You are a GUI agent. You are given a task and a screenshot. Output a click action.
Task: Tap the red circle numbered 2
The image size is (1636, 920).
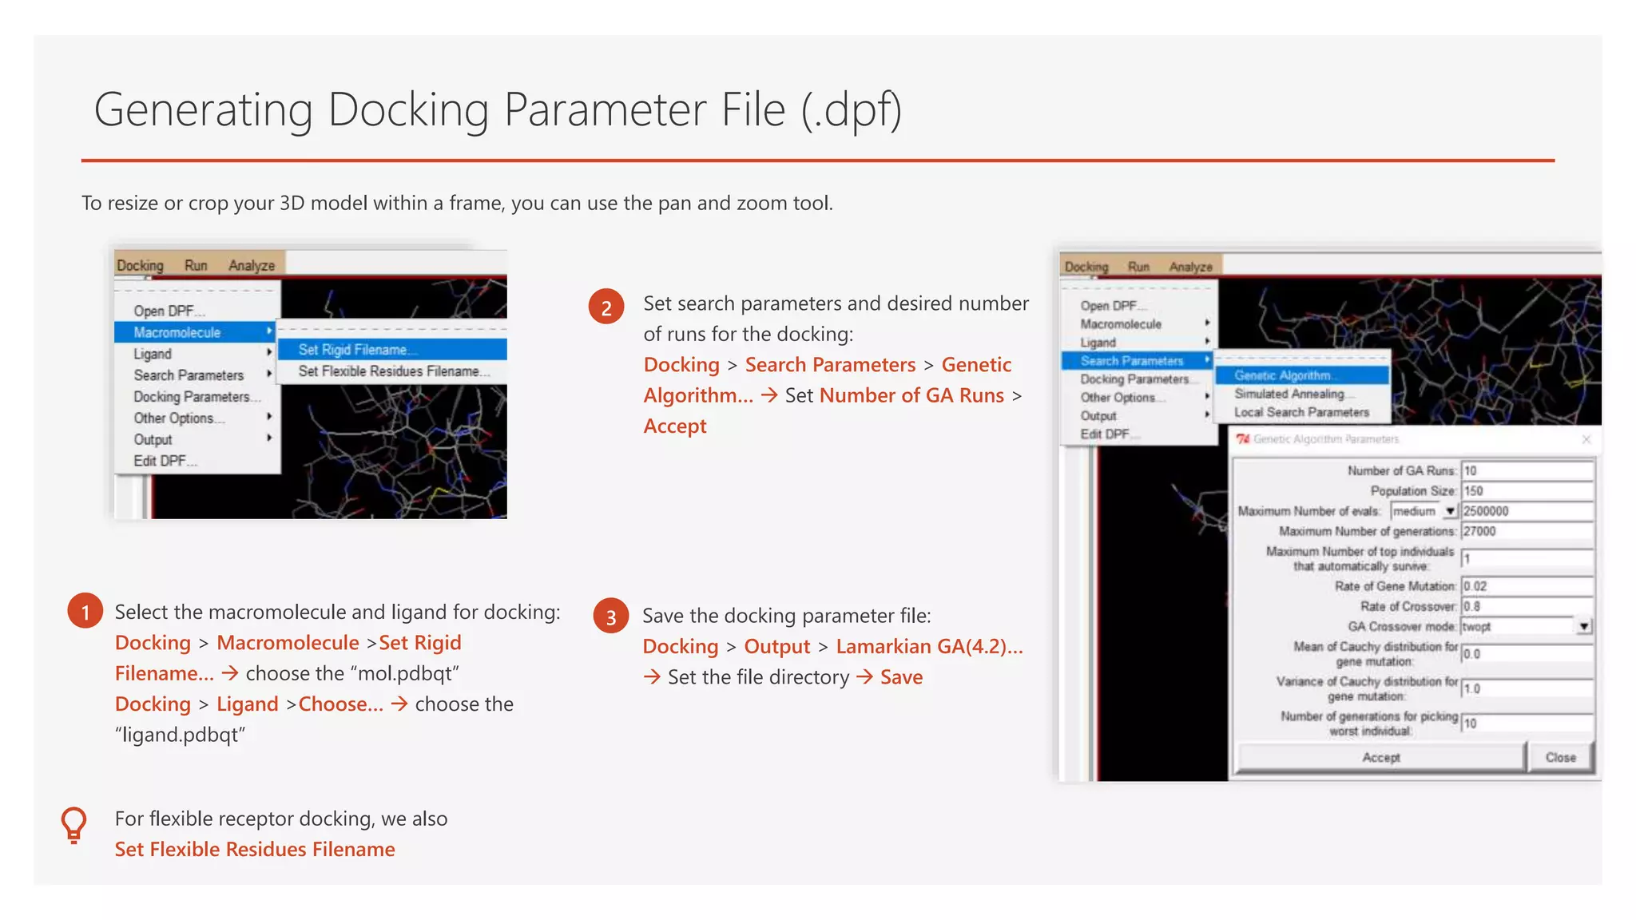[606, 307]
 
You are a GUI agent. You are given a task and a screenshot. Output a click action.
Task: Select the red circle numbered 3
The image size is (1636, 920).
[611, 616]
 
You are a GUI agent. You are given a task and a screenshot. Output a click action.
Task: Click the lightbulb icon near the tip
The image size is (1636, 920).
[73, 825]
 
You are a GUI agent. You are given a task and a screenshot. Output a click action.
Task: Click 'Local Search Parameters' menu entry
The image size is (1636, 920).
[1301, 412]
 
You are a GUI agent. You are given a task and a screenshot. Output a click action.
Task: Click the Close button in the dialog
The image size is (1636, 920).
[1560, 757]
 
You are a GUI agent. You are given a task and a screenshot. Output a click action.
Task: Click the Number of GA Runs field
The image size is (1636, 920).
[1527, 470]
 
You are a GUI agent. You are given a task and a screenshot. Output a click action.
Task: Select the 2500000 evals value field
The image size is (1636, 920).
[1527, 511]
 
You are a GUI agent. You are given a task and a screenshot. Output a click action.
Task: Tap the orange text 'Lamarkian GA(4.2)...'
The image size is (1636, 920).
[929, 646]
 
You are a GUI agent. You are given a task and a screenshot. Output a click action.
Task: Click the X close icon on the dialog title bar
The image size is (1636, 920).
[1586, 439]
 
